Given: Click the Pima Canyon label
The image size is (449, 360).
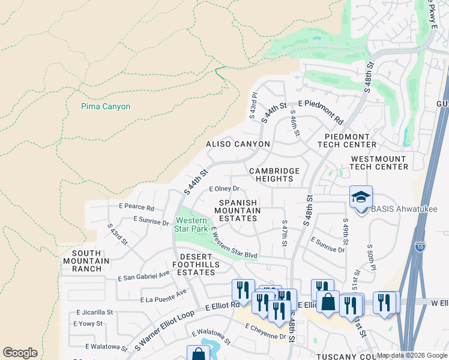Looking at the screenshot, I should [106, 107].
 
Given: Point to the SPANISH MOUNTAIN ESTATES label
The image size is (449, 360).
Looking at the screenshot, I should [238, 211].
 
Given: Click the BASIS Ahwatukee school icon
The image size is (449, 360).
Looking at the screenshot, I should [361, 197].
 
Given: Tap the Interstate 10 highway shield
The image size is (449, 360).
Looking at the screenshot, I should [421, 247].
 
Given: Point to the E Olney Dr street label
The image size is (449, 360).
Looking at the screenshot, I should [224, 188].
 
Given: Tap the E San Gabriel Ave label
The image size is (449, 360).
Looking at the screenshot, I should [144, 276].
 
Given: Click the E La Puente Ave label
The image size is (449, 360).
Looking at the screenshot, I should [163, 296].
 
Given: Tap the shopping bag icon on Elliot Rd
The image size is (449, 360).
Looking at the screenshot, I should [328, 302].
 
